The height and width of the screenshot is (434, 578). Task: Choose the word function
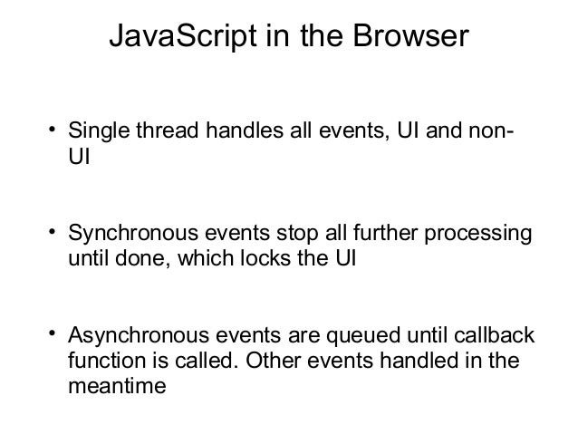pyautogui.click(x=102, y=362)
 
